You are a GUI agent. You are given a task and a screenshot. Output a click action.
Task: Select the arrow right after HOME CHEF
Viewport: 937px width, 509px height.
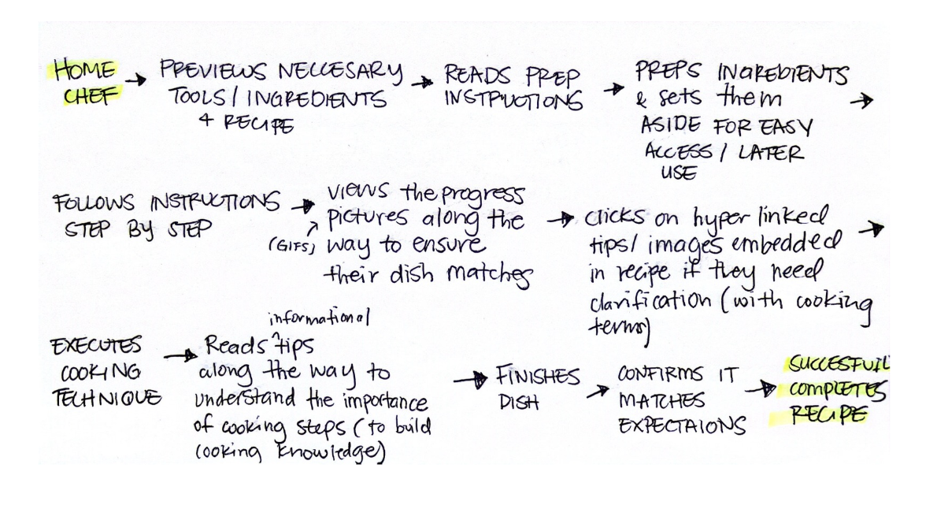click(x=136, y=80)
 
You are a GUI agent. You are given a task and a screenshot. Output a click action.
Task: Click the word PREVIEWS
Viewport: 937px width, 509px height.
click(x=206, y=72)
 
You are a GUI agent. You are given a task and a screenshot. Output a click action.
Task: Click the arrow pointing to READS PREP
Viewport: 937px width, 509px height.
click(x=426, y=81)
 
